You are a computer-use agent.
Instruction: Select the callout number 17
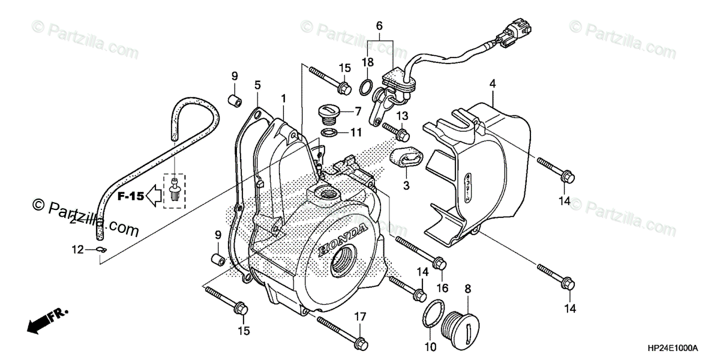(359, 316)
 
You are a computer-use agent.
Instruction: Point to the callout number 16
(442, 289)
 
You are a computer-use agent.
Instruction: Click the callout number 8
(468, 289)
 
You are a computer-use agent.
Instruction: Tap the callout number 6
(379, 26)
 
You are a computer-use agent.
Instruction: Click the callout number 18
(367, 62)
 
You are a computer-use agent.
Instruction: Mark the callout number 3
(406, 186)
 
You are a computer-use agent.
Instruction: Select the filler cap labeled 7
(331, 113)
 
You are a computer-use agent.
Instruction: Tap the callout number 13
(401, 115)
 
